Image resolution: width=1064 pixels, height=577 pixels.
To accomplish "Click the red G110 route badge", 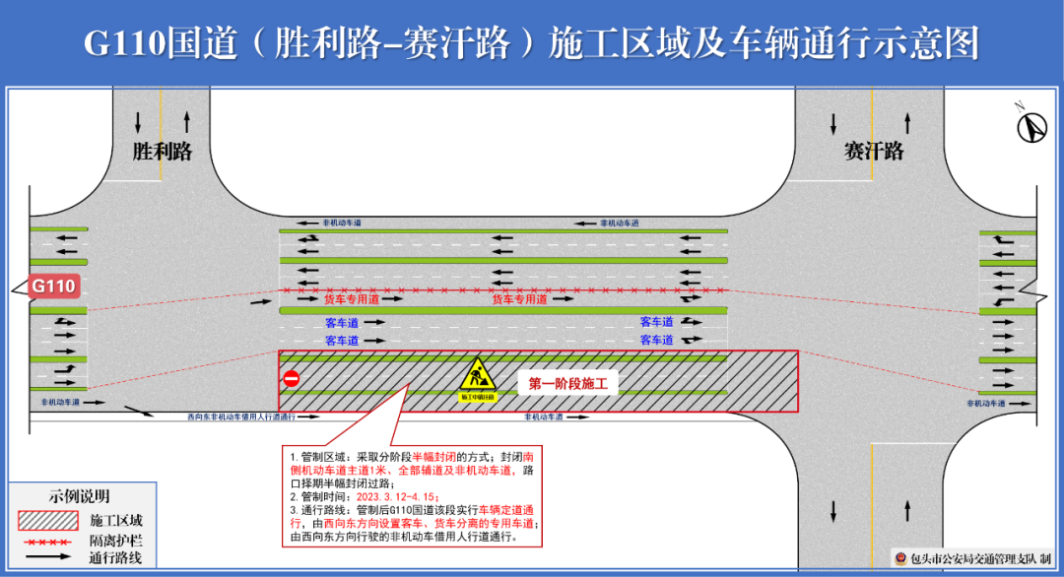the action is [x=53, y=288].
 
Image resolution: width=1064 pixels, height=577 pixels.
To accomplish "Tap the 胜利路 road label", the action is [x=162, y=152].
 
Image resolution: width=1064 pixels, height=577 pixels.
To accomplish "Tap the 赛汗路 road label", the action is [x=873, y=152].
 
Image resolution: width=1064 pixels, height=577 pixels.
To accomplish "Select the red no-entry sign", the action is [x=291, y=380].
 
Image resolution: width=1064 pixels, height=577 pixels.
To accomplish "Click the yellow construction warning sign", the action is [x=478, y=379].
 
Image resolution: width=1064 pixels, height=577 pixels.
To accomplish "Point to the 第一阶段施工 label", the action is [x=566, y=384].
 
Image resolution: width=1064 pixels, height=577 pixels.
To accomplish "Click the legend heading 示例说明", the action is [x=80, y=496].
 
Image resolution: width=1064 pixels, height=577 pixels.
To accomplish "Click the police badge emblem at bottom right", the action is [x=899, y=558].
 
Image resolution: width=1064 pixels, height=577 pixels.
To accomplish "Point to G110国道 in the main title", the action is [x=138, y=43].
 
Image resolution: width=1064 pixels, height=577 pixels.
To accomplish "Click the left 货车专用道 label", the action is [x=352, y=298].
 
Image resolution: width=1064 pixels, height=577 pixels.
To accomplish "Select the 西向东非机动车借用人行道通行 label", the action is [x=241, y=417].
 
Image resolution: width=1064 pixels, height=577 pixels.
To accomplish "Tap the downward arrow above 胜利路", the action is [x=138, y=122].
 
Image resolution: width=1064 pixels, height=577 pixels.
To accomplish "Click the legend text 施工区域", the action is [x=115, y=520].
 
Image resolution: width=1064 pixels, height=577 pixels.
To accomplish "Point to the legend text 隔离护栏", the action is [x=115, y=541].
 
